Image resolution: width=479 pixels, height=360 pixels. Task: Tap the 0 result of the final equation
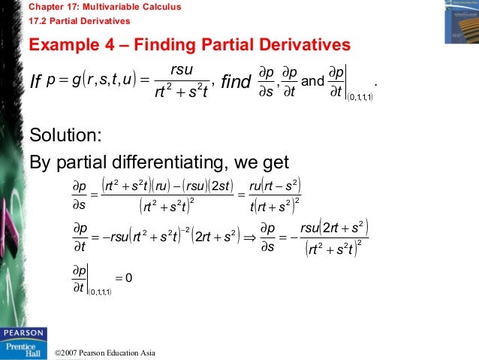(x=129, y=278)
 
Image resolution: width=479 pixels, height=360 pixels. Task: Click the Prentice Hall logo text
(x=23, y=347)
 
